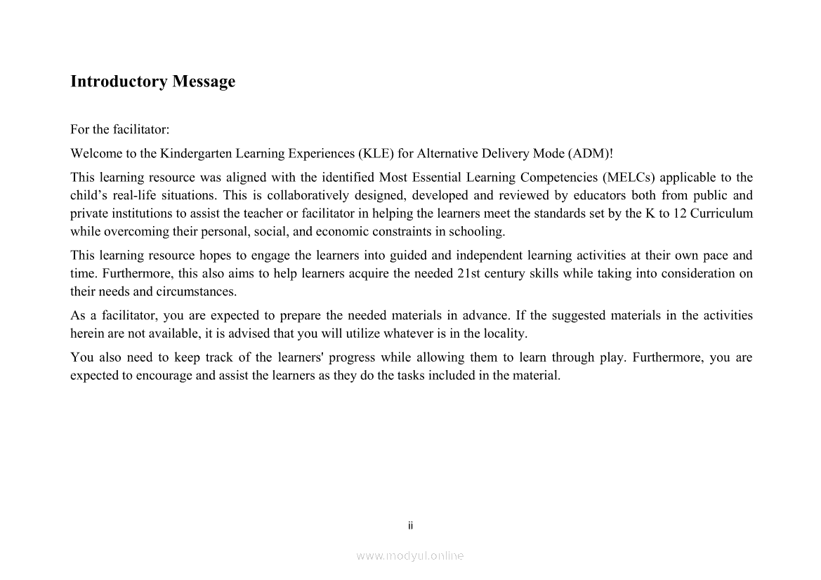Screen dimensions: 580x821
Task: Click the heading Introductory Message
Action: (x=152, y=81)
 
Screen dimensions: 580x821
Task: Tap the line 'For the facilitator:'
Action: (x=120, y=130)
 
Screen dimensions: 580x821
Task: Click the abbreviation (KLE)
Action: (x=376, y=153)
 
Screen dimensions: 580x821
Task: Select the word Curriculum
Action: (x=721, y=213)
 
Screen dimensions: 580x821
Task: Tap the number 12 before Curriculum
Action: (x=680, y=213)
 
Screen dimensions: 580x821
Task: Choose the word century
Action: (x=504, y=274)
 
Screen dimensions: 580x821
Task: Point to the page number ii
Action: (x=411, y=525)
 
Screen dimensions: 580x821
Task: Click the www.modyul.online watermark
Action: (x=410, y=556)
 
